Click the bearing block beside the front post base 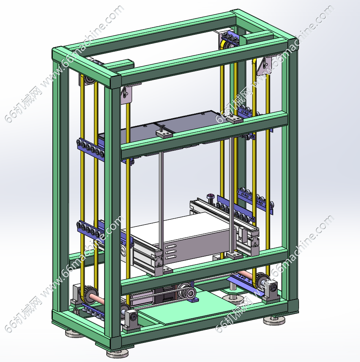(132, 320)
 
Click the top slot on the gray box (171, 246)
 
